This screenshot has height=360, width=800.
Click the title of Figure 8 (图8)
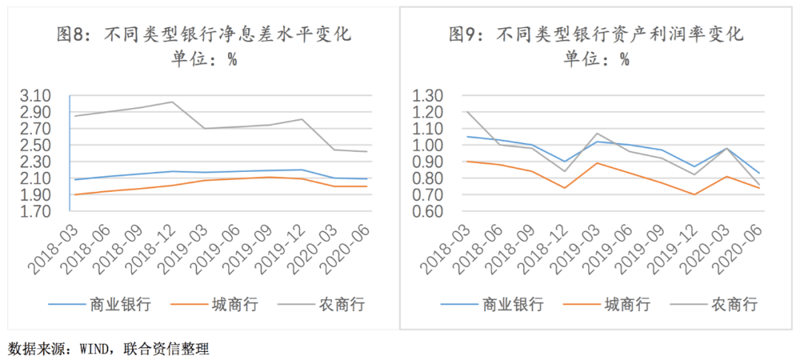(204, 35)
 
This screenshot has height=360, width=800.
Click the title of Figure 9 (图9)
(596, 35)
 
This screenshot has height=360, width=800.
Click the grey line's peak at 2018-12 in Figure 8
(172, 101)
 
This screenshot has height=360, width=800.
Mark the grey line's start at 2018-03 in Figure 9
(467, 112)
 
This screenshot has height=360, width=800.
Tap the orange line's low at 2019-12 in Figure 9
(695, 195)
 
